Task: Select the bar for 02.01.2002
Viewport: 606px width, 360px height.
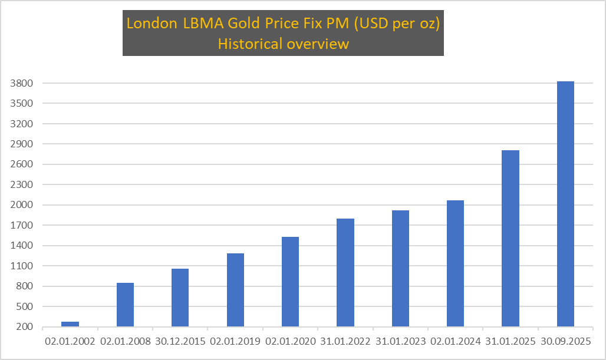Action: pyautogui.click(x=70, y=324)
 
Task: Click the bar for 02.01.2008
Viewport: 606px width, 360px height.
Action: pyautogui.click(x=125, y=305)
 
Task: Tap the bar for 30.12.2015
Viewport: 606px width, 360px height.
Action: pyautogui.click(x=180, y=298)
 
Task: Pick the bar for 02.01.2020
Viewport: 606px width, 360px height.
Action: pyautogui.click(x=290, y=282)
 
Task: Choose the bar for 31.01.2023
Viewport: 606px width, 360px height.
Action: pyautogui.click(x=400, y=268)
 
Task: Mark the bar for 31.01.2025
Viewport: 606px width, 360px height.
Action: pyautogui.click(x=511, y=238)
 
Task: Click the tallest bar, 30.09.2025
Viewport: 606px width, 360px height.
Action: pyautogui.click(x=565, y=204)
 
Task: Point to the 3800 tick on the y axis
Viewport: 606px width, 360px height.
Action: pyautogui.click(x=21, y=83)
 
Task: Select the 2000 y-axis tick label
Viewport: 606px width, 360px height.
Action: pyautogui.click(x=21, y=205)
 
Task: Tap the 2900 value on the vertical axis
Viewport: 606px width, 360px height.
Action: pyautogui.click(x=21, y=144)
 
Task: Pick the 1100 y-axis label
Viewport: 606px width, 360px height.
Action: pyautogui.click(x=21, y=266)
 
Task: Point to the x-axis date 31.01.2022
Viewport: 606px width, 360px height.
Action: pyautogui.click(x=345, y=341)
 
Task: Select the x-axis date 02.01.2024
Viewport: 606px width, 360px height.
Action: pyautogui.click(x=455, y=341)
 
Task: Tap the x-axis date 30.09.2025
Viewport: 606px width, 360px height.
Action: pyautogui.click(x=565, y=341)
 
